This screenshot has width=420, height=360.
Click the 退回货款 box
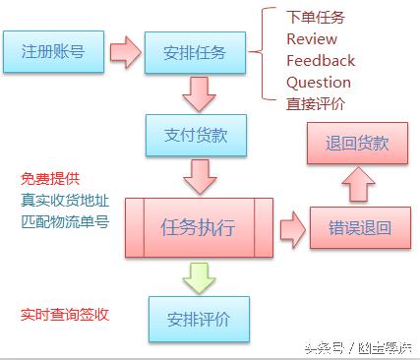(x=356, y=144)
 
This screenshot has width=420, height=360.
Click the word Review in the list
(x=311, y=39)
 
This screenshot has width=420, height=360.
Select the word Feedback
(x=320, y=61)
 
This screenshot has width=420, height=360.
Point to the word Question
(x=318, y=83)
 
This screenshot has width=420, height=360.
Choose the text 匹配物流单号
(x=64, y=220)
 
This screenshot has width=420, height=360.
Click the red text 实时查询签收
(x=64, y=314)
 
